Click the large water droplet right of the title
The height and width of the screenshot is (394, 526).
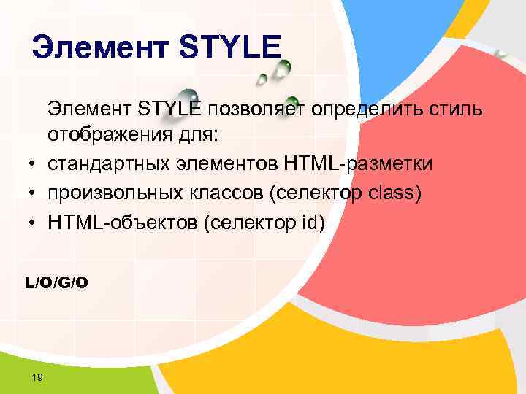click(280, 71)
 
